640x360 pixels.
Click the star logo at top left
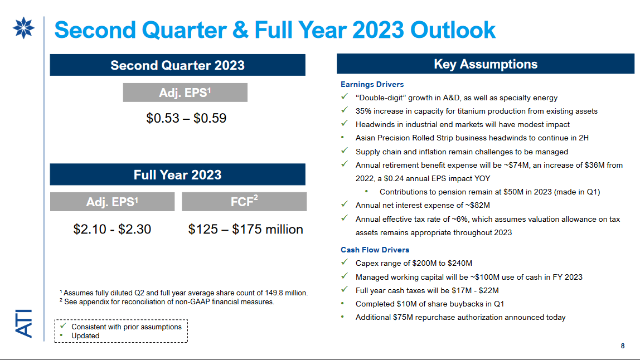click(23, 29)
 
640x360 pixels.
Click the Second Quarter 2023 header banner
click(177, 65)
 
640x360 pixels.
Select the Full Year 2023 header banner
click(177, 174)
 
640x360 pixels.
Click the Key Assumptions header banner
click(485, 64)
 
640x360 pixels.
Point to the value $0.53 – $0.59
click(186, 118)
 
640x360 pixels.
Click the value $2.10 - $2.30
click(112, 229)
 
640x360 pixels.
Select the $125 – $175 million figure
click(245, 229)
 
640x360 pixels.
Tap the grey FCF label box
click(244, 202)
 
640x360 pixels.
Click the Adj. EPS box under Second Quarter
click(185, 93)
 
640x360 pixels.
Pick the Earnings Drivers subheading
click(372, 84)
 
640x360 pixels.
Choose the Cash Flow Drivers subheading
click(375, 250)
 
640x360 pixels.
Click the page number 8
click(623, 346)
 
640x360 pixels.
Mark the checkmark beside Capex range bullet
click(345, 263)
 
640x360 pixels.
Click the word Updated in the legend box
click(85, 335)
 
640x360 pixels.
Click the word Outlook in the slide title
click(453, 30)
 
